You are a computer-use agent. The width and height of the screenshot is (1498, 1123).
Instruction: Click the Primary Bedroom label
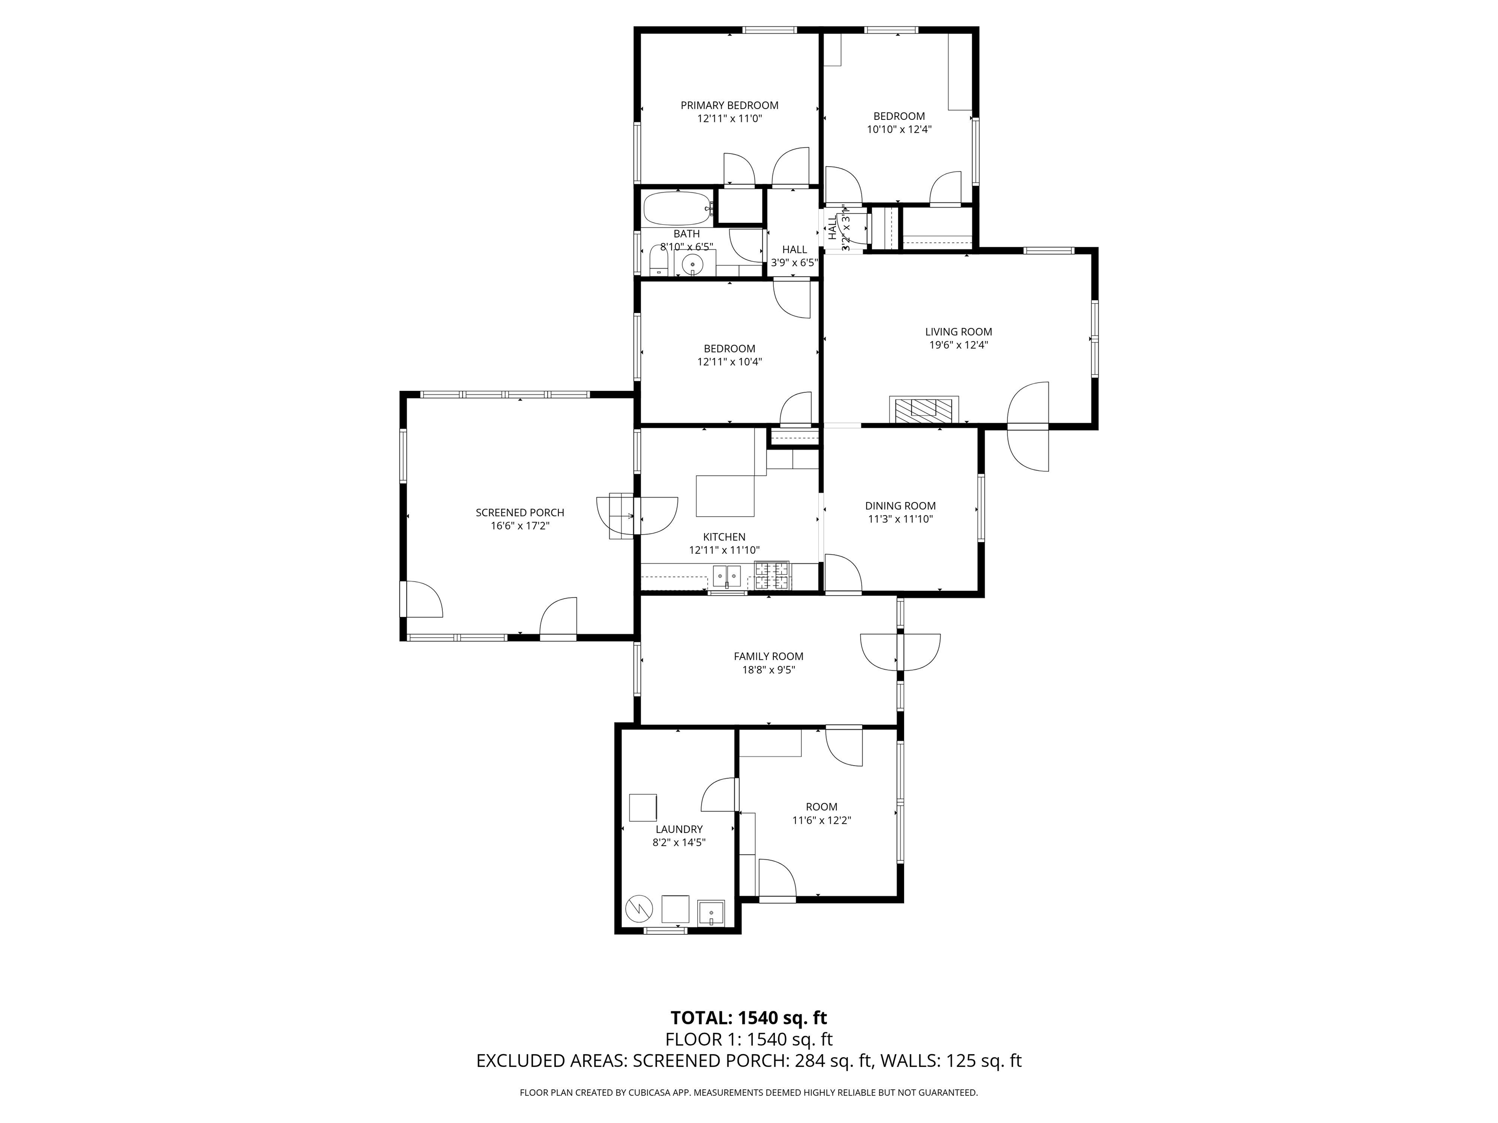(729, 106)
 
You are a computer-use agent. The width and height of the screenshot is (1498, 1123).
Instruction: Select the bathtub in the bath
(677, 209)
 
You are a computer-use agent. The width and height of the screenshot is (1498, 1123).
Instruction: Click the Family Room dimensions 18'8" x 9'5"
(769, 670)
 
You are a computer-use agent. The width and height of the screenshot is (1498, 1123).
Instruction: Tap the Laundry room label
(679, 829)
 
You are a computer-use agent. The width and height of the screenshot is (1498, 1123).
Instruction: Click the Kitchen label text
(725, 537)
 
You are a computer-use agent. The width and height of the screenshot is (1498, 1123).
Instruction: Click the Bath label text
(687, 234)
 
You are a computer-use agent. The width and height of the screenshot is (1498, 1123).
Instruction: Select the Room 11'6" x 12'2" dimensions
(822, 820)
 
